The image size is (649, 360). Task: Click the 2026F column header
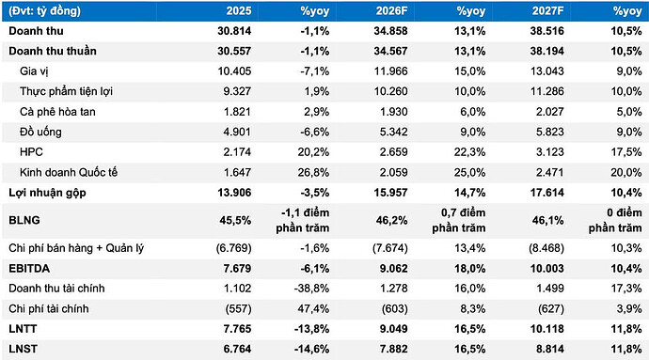coord(391,10)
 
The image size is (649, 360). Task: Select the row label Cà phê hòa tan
coord(57,112)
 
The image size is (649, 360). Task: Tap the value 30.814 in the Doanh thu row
coord(234,31)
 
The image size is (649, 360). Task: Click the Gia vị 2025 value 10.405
coord(234,71)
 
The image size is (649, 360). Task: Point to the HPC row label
coord(31,152)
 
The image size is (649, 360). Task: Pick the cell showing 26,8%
coord(313,173)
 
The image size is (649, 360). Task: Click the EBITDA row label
coord(29,269)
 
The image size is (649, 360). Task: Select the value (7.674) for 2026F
coord(390,248)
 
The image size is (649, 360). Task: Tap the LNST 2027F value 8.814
coord(549,350)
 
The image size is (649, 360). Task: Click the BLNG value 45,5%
coord(235,220)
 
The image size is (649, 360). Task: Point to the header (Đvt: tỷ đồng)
coord(45,10)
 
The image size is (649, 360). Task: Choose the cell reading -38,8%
coord(311,289)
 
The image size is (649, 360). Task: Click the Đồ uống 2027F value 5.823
coord(549,132)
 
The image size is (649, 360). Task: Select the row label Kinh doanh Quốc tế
coord(69,173)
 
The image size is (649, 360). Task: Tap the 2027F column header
coord(548,10)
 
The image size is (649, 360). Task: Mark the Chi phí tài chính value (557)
coord(238,308)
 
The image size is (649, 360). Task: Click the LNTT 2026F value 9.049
coord(393,329)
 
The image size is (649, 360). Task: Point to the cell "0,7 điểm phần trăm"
coord(459,220)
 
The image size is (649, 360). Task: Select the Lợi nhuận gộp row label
coord(47,193)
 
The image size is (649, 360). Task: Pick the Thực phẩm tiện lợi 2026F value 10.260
coord(390,91)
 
